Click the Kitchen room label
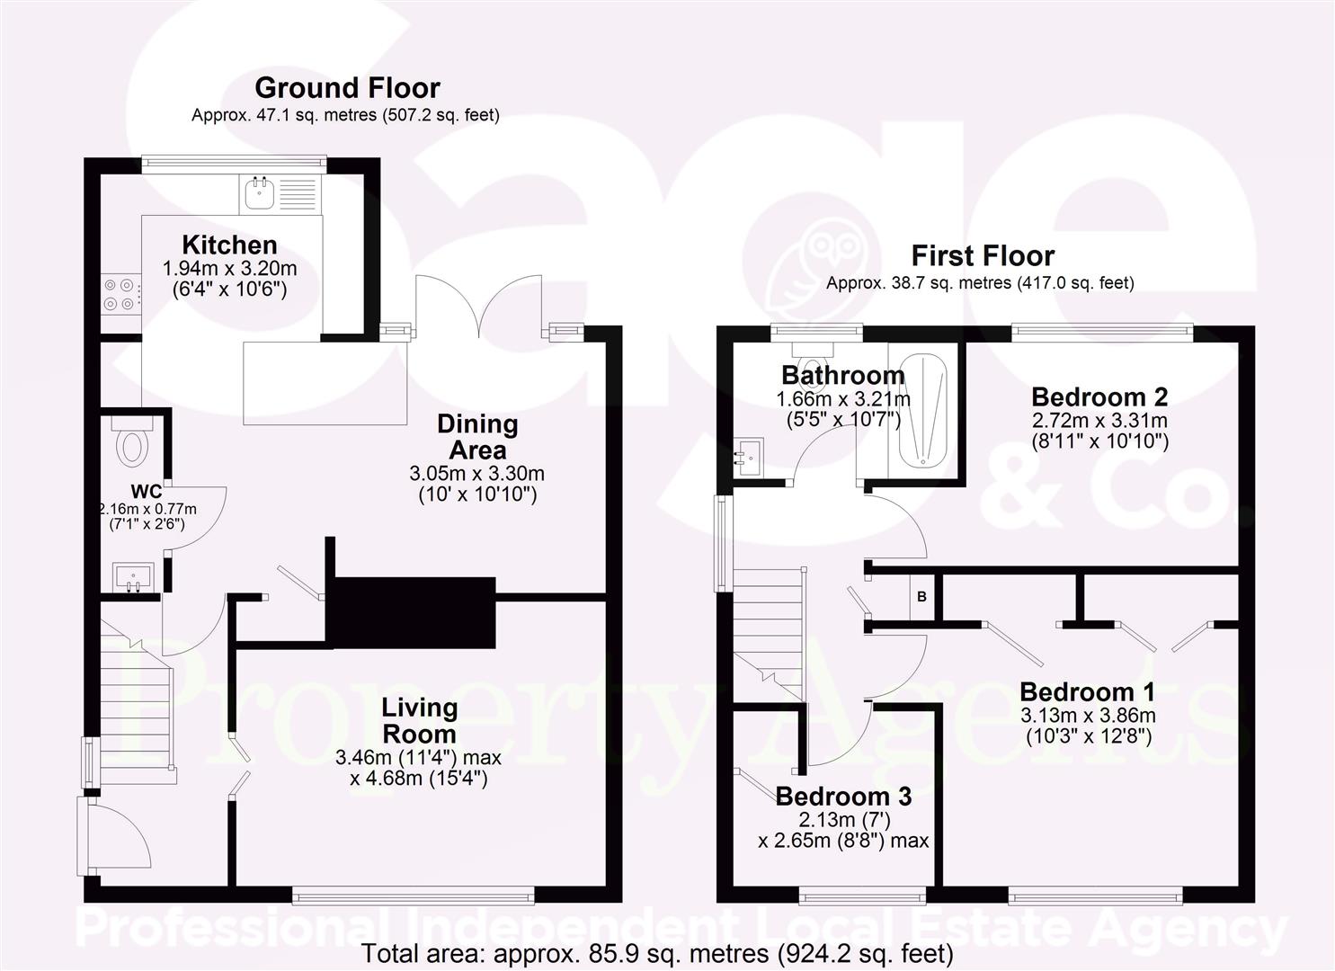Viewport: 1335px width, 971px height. click(229, 245)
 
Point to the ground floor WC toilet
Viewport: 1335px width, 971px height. click(133, 444)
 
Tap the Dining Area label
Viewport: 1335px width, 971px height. click(477, 436)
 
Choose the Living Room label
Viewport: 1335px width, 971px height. click(419, 720)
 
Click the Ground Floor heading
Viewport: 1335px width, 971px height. click(347, 88)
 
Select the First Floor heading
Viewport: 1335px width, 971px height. click(983, 256)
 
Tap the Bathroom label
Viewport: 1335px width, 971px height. click(842, 375)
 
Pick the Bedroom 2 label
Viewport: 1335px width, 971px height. click(1099, 396)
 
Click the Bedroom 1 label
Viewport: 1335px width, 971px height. click(1087, 691)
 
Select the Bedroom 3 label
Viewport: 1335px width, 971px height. click(843, 796)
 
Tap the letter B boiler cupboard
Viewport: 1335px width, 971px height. click(921, 596)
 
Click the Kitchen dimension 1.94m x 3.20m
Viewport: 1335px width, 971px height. click(229, 268)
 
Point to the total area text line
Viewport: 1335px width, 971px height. click(657, 954)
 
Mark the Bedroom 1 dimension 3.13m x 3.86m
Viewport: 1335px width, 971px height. click(1088, 716)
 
